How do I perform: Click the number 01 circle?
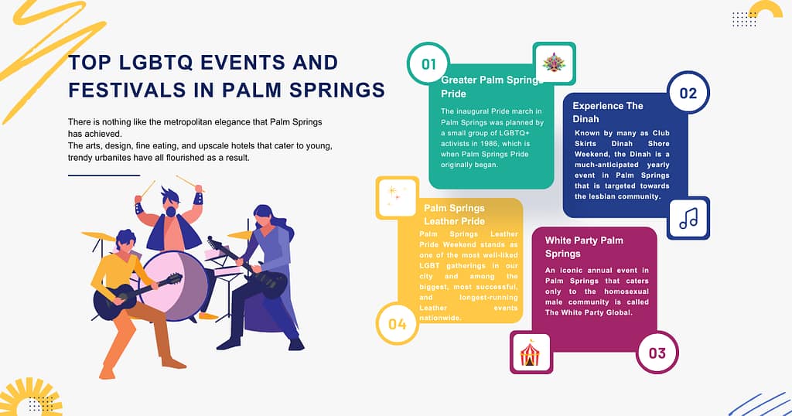[x=428, y=64]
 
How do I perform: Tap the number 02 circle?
[x=688, y=94]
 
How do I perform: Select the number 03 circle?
[x=657, y=353]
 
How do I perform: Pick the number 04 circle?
[x=398, y=323]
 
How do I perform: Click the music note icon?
[x=688, y=218]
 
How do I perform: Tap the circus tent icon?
[x=531, y=353]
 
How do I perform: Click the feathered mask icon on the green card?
[x=554, y=63]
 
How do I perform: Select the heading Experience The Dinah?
[x=608, y=112]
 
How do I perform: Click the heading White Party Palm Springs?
[x=583, y=247]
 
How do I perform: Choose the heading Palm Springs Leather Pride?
[x=454, y=214]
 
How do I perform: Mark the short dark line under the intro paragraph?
[x=104, y=176]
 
